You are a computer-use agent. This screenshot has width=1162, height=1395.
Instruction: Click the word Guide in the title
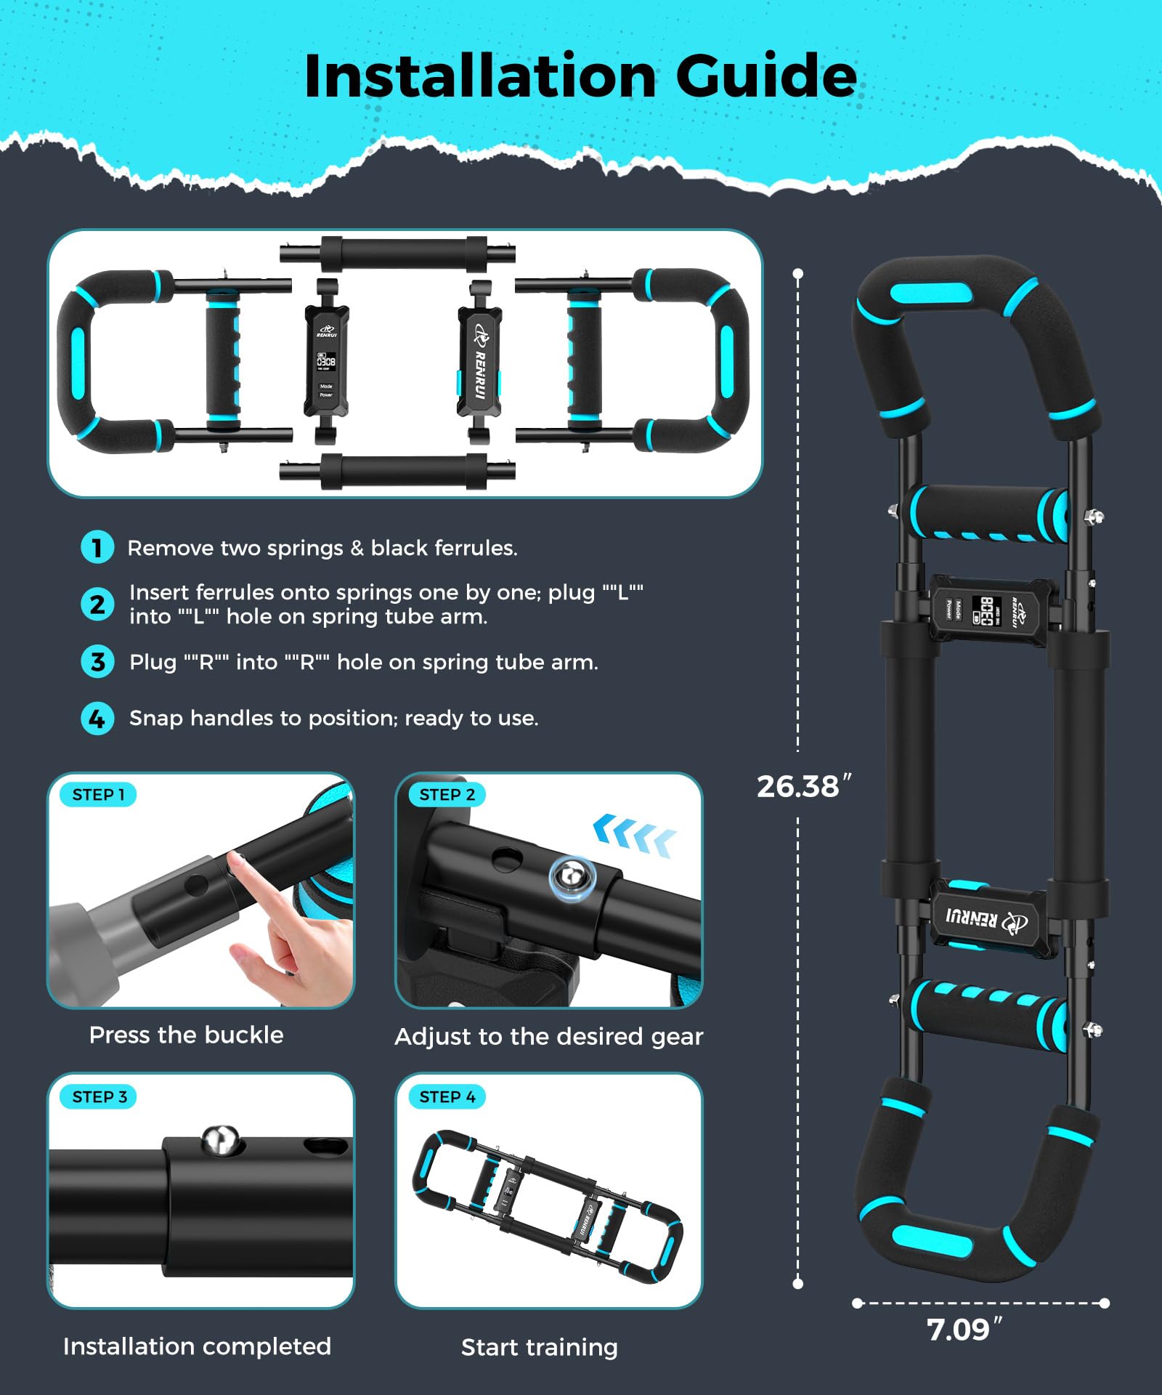pos(766,77)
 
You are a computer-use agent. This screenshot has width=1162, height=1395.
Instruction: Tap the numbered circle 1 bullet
pos(97,547)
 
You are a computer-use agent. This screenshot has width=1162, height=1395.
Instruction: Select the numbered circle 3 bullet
pos(97,662)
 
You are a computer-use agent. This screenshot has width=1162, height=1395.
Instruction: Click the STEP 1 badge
pos(99,795)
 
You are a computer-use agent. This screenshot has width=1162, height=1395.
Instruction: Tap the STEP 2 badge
pos(447,795)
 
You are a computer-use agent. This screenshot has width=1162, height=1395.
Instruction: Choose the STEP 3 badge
pos(99,1097)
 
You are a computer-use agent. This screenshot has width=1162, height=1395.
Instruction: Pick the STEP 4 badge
pos(447,1097)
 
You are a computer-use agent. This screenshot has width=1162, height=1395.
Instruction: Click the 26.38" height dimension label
pos(804,786)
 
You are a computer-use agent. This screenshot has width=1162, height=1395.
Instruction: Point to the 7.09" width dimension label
pos(965,1330)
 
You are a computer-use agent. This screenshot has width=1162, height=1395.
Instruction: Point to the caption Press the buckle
pos(186,1035)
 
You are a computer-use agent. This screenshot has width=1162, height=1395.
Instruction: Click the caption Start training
pos(540,1347)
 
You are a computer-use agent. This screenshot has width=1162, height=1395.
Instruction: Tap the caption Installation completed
pos(197,1346)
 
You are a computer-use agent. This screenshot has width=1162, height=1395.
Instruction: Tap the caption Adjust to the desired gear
pos(549,1036)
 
